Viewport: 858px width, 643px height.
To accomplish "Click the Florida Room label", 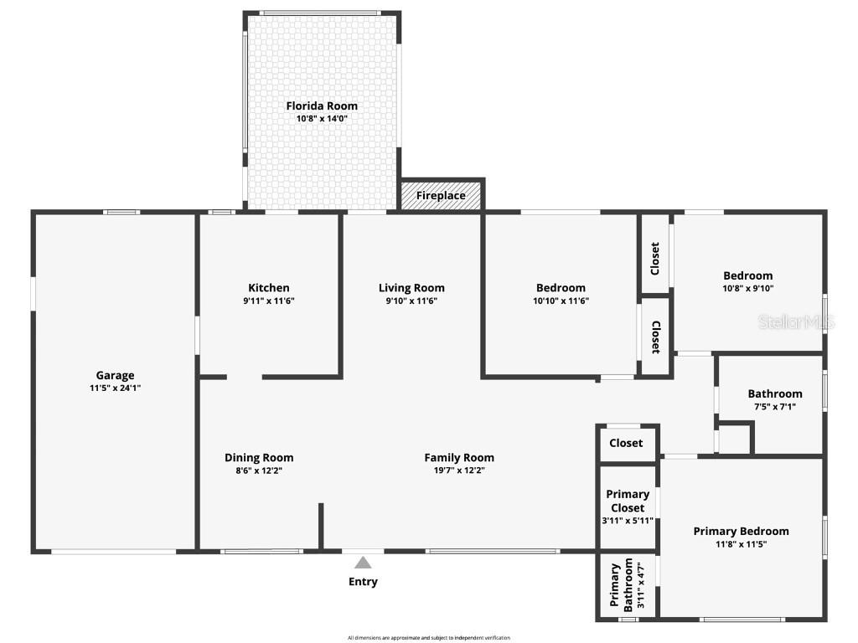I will [x=322, y=105].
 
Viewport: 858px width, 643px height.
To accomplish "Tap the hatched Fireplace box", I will [x=441, y=196].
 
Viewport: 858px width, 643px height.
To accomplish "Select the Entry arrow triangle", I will [x=362, y=563].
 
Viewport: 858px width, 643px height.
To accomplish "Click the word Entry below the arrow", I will [x=363, y=581].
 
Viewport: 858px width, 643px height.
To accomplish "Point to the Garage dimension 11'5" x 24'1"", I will [x=115, y=388].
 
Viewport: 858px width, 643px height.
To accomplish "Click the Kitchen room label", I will [x=268, y=288].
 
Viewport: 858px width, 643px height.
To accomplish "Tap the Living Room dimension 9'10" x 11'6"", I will [x=411, y=301].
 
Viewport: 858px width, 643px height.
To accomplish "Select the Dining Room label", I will [x=259, y=457].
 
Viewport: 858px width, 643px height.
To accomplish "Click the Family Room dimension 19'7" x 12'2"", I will [x=459, y=470].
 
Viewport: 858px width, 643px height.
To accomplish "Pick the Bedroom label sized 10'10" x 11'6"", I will [x=561, y=288].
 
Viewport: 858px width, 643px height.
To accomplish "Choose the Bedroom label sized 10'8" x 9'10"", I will [x=747, y=275].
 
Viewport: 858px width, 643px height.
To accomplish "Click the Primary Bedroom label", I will [x=741, y=531].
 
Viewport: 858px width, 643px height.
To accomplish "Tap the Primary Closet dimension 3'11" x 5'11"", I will [x=628, y=521].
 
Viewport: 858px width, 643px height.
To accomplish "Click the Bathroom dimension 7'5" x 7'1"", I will [x=775, y=407].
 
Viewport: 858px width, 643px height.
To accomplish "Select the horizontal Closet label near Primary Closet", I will [x=626, y=443].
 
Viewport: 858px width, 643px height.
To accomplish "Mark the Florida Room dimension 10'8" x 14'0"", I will [x=322, y=119].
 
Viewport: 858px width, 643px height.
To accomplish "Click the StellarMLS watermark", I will [x=796, y=321].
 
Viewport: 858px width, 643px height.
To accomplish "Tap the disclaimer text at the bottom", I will [x=428, y=638].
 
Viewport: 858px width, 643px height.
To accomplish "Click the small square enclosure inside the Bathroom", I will [x=735, y=439].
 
